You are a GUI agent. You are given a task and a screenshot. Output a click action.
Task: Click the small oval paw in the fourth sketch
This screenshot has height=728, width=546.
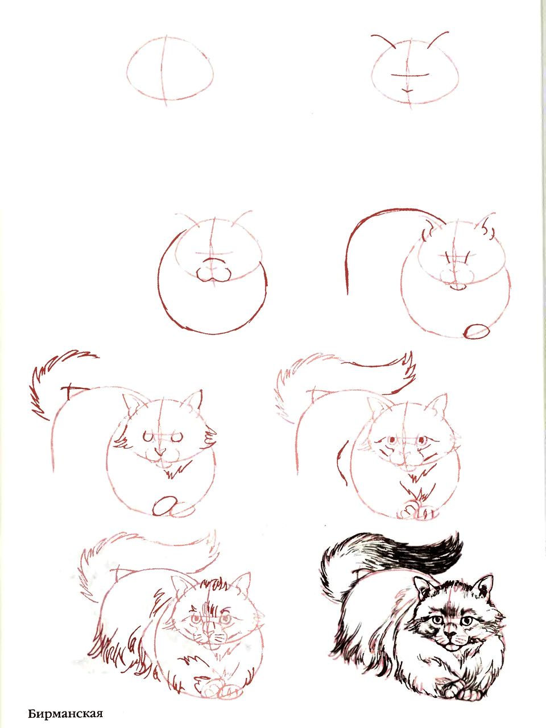[x=477, y=332]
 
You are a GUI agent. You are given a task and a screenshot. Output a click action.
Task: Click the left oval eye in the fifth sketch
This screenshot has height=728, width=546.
[x=148, y=437]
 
